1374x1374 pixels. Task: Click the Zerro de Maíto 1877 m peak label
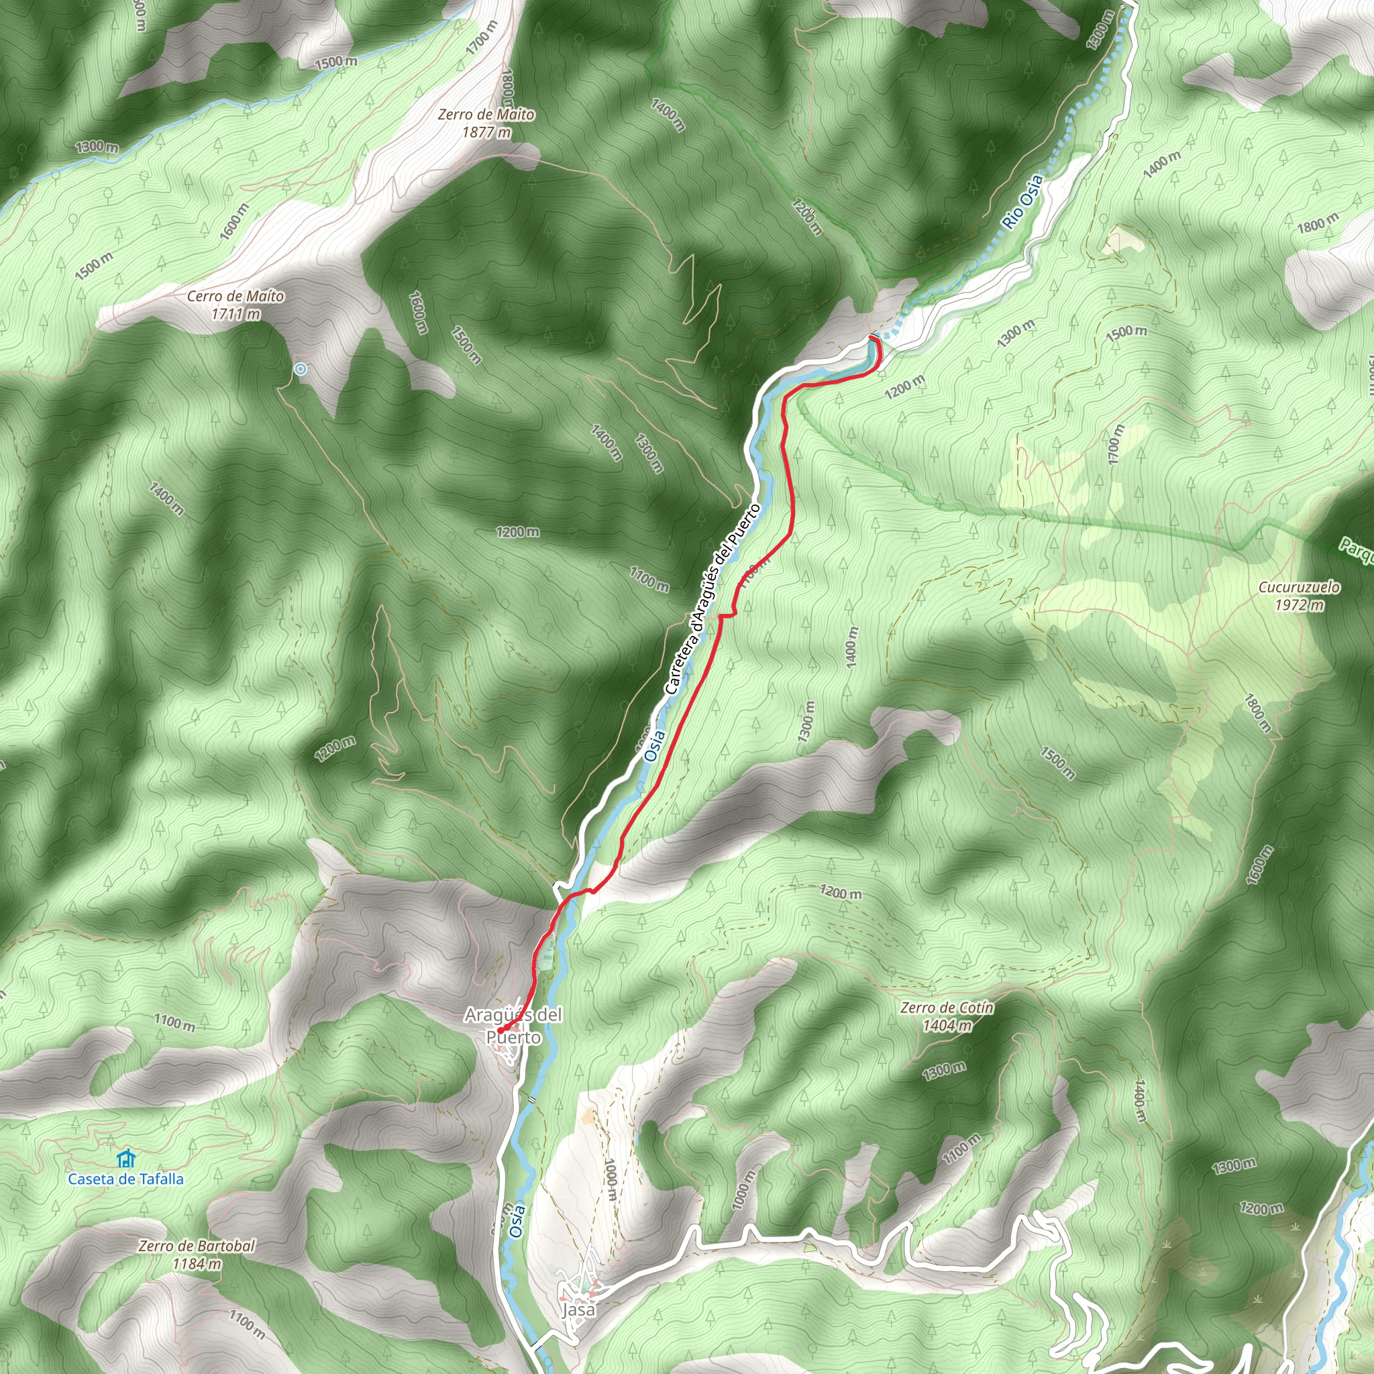click(486, 123)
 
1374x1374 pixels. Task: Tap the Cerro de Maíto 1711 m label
click(235, 305)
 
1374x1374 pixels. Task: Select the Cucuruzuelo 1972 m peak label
click(1299, 596)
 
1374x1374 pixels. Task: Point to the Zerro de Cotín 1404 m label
click(947, 1016)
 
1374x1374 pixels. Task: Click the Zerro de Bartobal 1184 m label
click(197, 1255)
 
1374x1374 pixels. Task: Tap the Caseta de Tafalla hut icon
click(127, 1159)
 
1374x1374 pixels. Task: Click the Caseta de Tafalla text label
click(126, 1179)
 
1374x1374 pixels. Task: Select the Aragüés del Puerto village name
click(513, 1026)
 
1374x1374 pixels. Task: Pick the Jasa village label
click(578, 1310)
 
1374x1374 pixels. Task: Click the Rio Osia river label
click(1022, 201)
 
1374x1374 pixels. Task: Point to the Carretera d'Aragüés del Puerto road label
click(712, 599)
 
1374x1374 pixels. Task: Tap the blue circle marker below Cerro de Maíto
click(301, 369)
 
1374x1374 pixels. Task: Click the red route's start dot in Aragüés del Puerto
click(500, 1030)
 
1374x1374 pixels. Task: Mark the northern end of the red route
click(874, 339)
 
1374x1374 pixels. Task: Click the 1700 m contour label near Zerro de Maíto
click(483, 38)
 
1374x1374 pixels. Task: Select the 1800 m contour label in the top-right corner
click(1318, 223)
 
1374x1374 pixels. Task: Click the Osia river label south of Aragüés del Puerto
click(518, 1221)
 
